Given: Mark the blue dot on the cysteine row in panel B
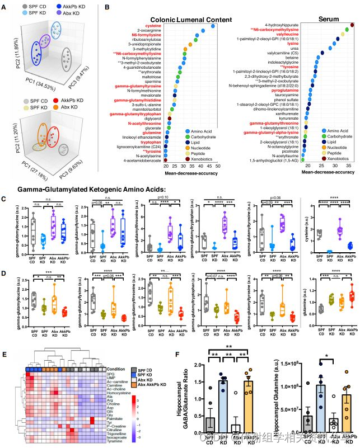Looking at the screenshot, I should point(213,26).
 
